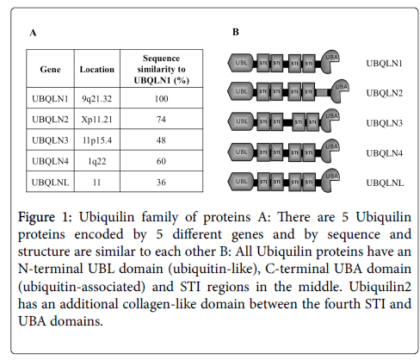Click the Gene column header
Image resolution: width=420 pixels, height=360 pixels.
[50, 69]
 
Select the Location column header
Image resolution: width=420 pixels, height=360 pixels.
[97, 69]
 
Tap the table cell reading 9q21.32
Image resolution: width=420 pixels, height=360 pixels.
[97, 99]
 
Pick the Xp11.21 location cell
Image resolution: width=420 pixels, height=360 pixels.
[97, 120]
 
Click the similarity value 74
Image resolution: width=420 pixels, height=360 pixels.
[161, 120]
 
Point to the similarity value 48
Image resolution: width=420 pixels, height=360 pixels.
[161, 140]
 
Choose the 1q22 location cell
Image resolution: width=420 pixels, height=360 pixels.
[97, 161]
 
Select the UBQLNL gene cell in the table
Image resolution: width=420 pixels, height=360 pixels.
[50, 183]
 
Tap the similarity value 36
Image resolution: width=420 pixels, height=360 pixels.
[161, 183]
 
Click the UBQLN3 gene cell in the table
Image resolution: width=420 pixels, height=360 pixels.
[50, 140]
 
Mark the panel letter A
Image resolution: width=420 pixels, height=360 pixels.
[33, 33]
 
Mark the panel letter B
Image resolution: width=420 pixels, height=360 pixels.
[236, 32]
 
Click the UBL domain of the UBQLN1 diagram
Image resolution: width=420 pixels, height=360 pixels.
[241, 63]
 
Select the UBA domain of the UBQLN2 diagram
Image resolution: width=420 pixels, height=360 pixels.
[338, 90]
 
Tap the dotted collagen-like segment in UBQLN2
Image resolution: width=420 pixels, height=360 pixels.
[323, 92]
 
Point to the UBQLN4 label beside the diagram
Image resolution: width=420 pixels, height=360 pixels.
[385, 153]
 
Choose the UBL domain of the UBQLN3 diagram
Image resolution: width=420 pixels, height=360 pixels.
[241, 121]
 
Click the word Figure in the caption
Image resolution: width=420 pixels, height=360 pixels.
[36, 217]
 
